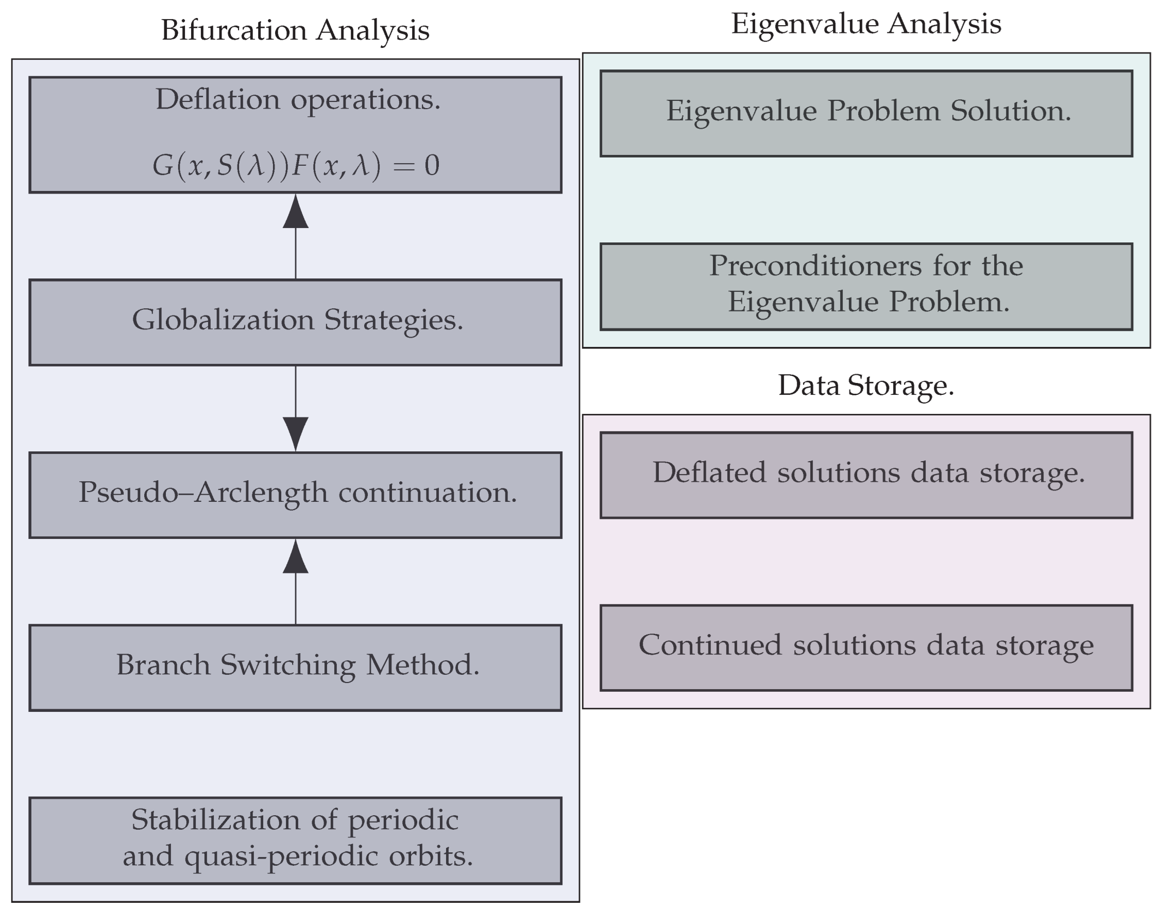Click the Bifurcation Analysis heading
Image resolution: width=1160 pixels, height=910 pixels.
pyautogui.click(x=295, y=30)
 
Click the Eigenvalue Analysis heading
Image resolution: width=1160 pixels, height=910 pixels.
pyautogui.click(x=866, y=24)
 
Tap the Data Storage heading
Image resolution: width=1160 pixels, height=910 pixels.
pyautogui.click(x=866, y=385)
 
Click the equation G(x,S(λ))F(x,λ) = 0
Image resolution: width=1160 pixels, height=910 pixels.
pyautogui.click(x=295, y=165)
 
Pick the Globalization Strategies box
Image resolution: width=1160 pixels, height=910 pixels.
pyautogui.click(x=295, y=322)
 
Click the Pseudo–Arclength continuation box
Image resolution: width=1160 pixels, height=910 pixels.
pyautogui.click(x=295, y=495)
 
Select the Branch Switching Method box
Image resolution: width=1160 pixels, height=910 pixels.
pyautogui.click(x=295, y=667)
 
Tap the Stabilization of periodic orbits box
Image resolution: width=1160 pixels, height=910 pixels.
pyautogui.click(x=295, y=840)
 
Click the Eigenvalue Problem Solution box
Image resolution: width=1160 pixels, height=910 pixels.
pyautogui.click(x=866, y=113)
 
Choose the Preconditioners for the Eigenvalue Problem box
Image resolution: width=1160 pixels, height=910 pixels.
pyautogui.click(x=866, y=286)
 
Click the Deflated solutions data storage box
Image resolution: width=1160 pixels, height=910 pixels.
pyautogui.click(x=866, y=474)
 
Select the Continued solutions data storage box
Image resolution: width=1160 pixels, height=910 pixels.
pyautogui.click(x=866, y=647)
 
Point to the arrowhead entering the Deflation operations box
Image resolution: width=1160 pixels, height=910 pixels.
pyautogui.click(x=295, y=212)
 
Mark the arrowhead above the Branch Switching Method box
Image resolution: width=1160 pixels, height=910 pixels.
pyautogui.click(x=295, y=557)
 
